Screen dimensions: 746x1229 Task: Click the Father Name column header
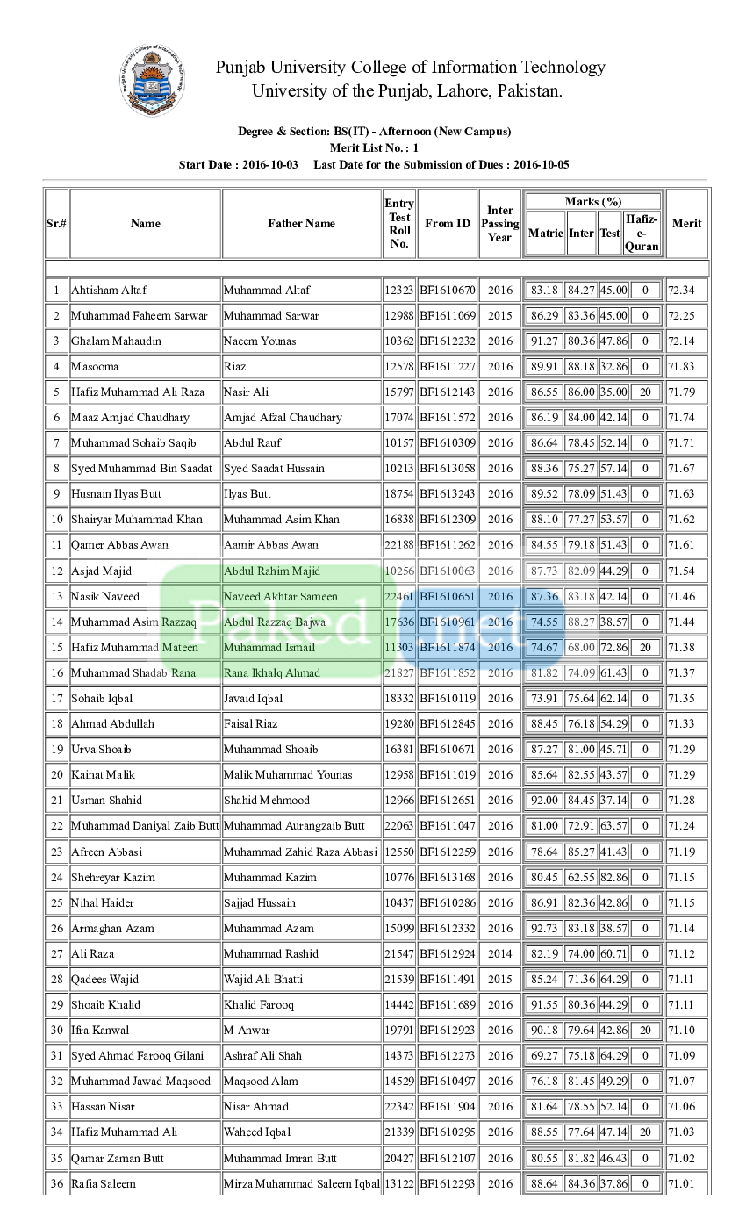(x=301, y=224)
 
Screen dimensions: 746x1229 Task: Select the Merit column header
(x=686, y=224)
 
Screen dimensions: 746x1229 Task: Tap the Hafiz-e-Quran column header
(x=642, y=233)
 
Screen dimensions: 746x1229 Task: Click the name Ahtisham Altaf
(x=109, y=291)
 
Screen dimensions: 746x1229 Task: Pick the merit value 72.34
(x=681, y=291)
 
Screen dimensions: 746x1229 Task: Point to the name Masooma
(x=95, y=367)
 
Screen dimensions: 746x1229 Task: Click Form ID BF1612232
(x=448, y=341)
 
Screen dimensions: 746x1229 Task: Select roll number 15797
(x=398, y=392)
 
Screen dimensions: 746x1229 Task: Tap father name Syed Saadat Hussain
(x=274, y=469)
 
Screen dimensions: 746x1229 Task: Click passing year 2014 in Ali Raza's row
(x=500, y=954)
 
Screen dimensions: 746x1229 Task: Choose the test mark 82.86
(x=613, y=878)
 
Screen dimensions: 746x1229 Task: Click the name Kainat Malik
(x=104, y=775)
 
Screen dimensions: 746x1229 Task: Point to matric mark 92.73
(x=544, y=929)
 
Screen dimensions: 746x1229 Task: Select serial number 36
(x=57, y=1184)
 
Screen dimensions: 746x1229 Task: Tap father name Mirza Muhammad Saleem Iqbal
(x=301, y=1184)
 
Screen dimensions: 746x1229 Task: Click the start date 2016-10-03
(x=270, y=165)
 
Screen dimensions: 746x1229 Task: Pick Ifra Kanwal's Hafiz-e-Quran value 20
(x=645, y=1031)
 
